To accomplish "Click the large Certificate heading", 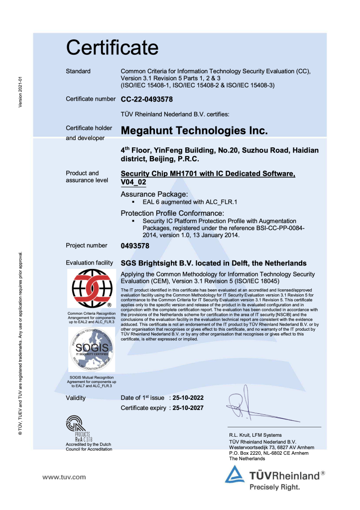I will coord(113,47).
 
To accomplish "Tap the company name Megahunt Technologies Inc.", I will coord(195,131).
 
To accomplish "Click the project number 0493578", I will coord(135,246).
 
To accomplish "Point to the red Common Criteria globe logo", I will coord(91,288).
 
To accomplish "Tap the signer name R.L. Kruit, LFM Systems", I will coord(255,435).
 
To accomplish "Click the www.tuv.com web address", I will coord(64,477).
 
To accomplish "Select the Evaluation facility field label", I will coord(90,262).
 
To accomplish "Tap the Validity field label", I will coord(76,398).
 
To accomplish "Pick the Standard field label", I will coord(78,71).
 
